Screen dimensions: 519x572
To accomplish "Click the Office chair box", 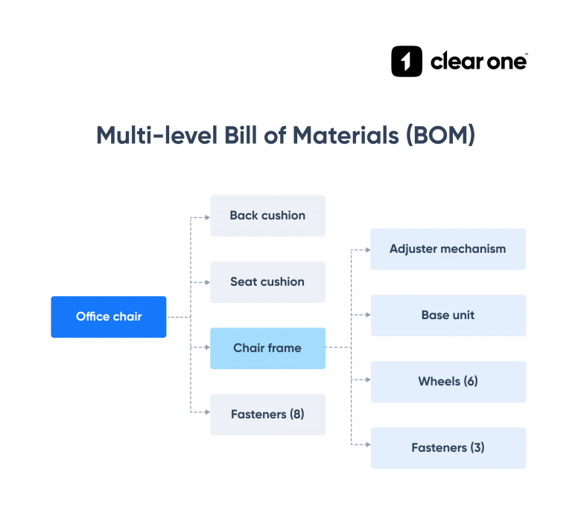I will tap(109, 317).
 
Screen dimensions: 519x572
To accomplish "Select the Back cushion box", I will tap(267, 216).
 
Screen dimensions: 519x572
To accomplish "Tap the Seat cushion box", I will tap(267, 282).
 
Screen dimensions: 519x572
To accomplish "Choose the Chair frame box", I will tap(267, 348).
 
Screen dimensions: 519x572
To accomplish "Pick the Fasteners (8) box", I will tap(267, 415).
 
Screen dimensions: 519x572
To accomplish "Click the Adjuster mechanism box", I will tap(448, 249).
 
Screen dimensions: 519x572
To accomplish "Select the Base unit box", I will tap(448, 315).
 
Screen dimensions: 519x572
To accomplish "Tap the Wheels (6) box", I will tap(448, 382).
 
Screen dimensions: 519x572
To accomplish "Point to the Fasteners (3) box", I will tap(448, 448).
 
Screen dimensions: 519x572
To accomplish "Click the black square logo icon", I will tap(407, 62).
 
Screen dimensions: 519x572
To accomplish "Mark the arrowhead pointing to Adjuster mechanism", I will tap(366, 249).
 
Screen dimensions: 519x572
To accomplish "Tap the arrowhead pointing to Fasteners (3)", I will tap(366, 446).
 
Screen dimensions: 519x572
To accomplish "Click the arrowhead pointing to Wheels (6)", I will tap(366, 380).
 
